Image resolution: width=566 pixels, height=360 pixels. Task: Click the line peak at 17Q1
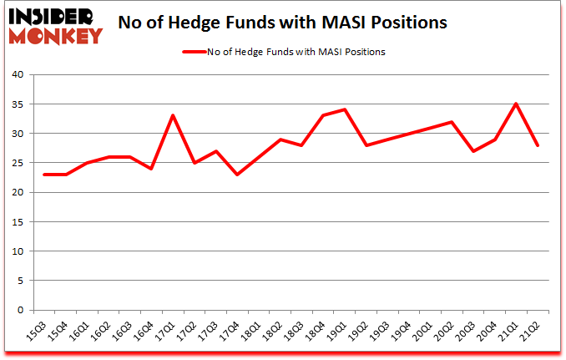pos(173,115)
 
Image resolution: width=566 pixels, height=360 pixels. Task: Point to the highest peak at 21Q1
pos(517,104)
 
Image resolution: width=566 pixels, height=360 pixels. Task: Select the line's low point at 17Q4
pos(237,175)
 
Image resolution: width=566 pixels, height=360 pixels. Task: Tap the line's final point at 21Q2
pos(538,145)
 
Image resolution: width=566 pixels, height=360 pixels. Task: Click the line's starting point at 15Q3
pos(44,175)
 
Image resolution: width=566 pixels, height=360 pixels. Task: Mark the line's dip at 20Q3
pos(473,151)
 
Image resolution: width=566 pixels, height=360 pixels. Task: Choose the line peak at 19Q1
pos(345,109)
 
